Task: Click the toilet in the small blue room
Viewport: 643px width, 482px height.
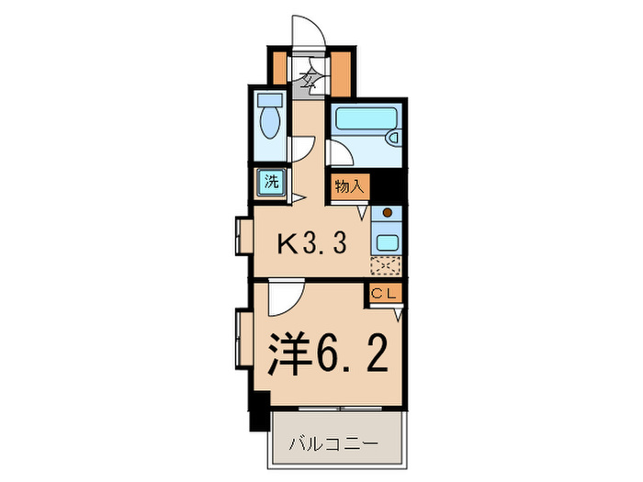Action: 271,120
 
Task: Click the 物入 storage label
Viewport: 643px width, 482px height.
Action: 349,185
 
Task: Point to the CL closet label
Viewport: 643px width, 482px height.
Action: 385,294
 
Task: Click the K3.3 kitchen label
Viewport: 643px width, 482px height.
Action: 311,244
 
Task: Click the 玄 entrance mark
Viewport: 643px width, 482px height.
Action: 309,77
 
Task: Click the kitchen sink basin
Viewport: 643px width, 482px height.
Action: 386,243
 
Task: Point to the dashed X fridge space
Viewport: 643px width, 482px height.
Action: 386,267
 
